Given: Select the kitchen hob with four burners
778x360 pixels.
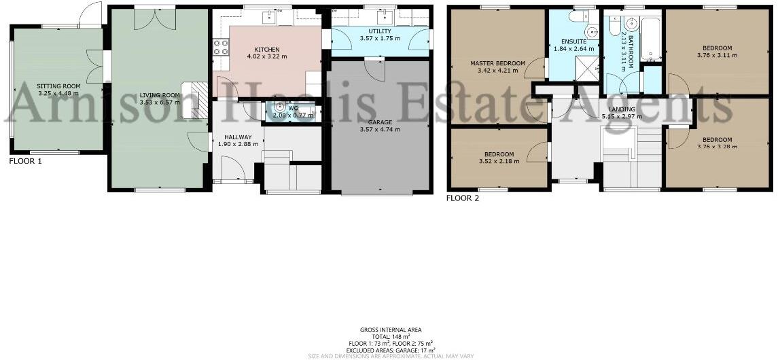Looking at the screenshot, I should coord(222,47).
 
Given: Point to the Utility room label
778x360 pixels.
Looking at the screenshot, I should coord(379,31).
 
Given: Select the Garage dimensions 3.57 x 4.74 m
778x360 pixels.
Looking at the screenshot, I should coord(379,129).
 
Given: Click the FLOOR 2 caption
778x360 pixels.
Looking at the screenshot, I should coord(463,198).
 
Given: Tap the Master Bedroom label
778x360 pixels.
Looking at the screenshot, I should coord(498,64).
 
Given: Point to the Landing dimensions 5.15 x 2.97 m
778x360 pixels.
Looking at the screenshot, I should coord(622,116).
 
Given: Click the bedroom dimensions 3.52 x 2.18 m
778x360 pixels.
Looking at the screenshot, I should coord(498,161).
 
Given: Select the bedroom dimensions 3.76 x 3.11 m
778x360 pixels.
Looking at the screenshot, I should coord(718,56).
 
